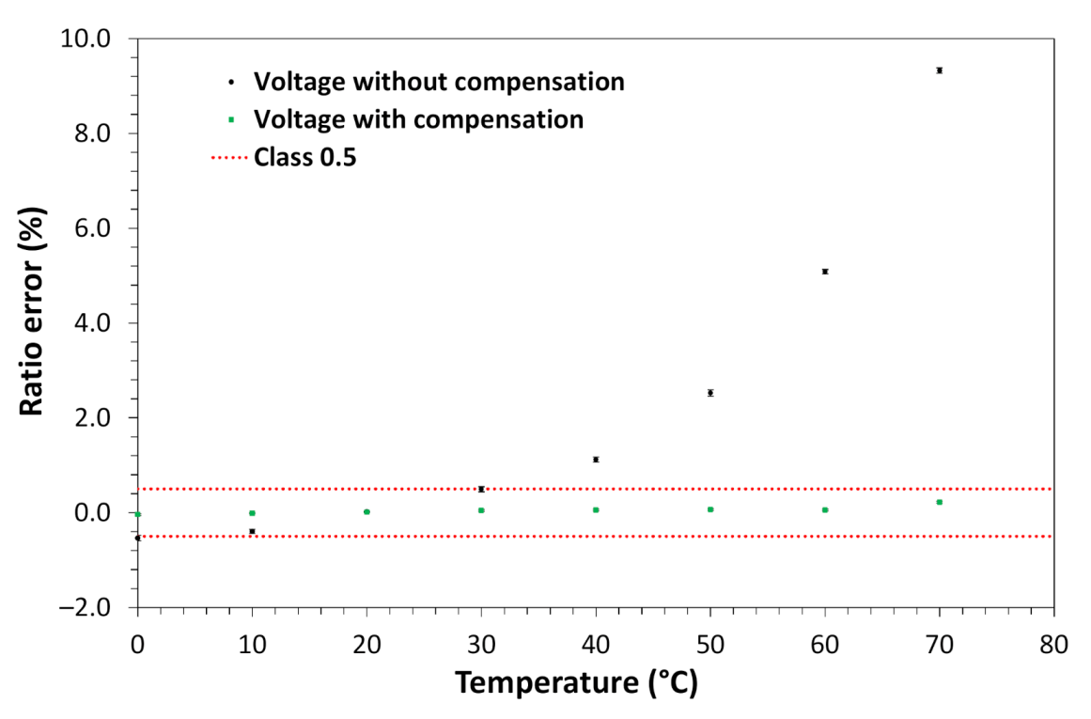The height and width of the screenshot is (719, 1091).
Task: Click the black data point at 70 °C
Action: click(939, 70)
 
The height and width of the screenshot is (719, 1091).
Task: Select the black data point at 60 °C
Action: click(825, 271)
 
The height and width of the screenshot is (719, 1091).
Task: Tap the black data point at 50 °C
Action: click(710, 393)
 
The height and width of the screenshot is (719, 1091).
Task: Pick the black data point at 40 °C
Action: click(596, 460)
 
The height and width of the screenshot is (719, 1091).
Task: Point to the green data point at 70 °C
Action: click(939, 502)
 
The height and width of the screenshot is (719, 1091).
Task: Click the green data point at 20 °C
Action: click(366, 511)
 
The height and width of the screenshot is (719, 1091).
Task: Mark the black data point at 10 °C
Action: click(252, 531)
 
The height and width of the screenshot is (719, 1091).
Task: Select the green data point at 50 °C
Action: click(710, 509)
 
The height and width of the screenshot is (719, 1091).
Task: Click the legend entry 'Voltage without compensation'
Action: click(439, 82)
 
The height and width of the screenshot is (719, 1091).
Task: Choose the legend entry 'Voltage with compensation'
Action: click(418, 119)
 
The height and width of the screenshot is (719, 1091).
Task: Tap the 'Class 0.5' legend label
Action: click(304, 157)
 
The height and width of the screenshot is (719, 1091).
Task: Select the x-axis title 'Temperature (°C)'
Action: click(577, 682)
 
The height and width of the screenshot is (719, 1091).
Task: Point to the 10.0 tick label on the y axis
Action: click(86, 39)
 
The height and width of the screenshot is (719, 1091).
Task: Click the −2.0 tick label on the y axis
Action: click(86, 607)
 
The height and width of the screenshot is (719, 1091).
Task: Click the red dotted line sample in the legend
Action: click(230, 157)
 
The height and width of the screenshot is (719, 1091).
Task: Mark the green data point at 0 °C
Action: click(138, 514)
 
